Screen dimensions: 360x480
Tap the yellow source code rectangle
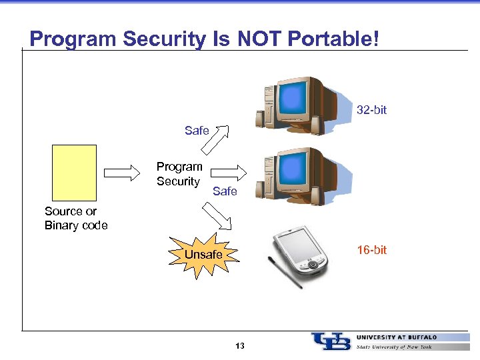[x=74, y=173]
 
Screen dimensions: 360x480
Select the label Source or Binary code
[x=75, y=218]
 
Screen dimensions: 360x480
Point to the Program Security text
[x=179, y=174]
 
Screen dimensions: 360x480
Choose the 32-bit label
[x=371, y=109]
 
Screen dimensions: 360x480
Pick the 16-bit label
[x=371, y=250]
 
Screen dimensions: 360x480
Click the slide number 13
[x=240, y=345]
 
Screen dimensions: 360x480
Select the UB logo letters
[x=331, y=341]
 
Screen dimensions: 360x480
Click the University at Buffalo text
[x=397, y=337]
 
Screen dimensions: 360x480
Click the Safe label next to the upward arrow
[x=197, y=131]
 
